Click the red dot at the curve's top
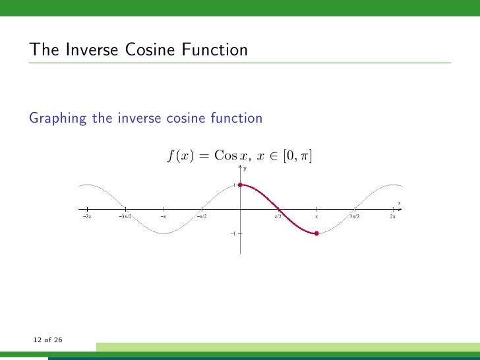(x=241, y=185)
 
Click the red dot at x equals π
(x=317, y=233)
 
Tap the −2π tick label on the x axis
(x=87, y=216)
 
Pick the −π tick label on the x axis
(x=164, y=216)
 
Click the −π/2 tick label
(x=202, y=216)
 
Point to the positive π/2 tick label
(x=278, y=216)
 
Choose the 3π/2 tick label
(x=355, y=216)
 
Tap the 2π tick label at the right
(x=393, y=216)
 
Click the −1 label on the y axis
(x=233, y=233)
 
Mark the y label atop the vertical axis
(x=245, y=169)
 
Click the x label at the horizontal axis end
(x=399, y=203)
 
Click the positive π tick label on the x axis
(x=316, y=216)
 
